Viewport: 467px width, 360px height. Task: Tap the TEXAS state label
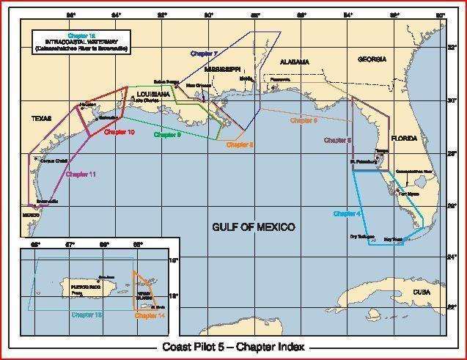(42, 117)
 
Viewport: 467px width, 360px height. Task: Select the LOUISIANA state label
(152, 95)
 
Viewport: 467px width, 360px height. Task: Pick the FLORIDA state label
(403, 138)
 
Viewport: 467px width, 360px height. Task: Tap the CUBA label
(421, 292)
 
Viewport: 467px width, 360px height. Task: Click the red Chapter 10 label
(119, 133)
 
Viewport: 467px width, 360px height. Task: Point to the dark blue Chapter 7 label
(204, 54)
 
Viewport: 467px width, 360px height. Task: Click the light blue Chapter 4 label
(347, 213)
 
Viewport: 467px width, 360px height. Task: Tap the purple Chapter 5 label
(338, 139)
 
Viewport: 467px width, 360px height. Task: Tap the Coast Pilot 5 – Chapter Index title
(233, 348)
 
